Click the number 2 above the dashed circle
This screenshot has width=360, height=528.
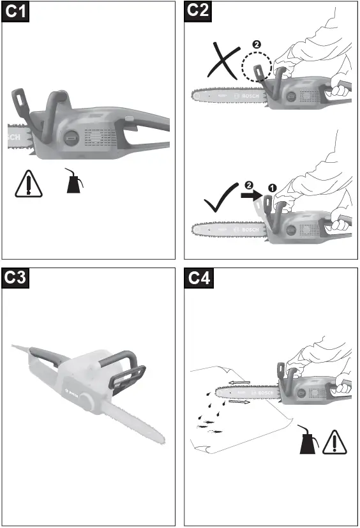point(257,45)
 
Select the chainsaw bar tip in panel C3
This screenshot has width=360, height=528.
point(161,441)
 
